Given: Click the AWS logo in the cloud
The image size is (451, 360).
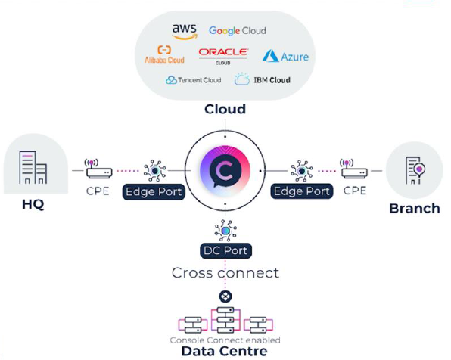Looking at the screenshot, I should click(184, 30).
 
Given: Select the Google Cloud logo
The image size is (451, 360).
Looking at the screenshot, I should click(237, 31).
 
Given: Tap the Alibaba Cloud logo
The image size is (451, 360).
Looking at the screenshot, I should click(164, 54).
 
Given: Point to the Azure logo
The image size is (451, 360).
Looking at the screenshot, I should click(285, 56).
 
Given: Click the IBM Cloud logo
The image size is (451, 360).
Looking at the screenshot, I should click(262, 79).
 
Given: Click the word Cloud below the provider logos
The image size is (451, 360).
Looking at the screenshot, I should click(225, 110).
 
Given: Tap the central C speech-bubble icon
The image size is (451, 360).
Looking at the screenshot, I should click(225, 170).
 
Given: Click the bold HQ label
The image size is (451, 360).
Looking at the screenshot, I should click(28, 205).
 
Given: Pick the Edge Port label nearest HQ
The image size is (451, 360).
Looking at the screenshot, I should click(154, 192).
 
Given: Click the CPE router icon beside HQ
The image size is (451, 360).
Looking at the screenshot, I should click(97, 169).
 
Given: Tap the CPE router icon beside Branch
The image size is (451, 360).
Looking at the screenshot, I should click(353, 169).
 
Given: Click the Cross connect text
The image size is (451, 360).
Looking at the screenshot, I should click(225, 272).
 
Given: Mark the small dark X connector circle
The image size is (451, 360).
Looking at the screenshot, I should click(225, 296).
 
